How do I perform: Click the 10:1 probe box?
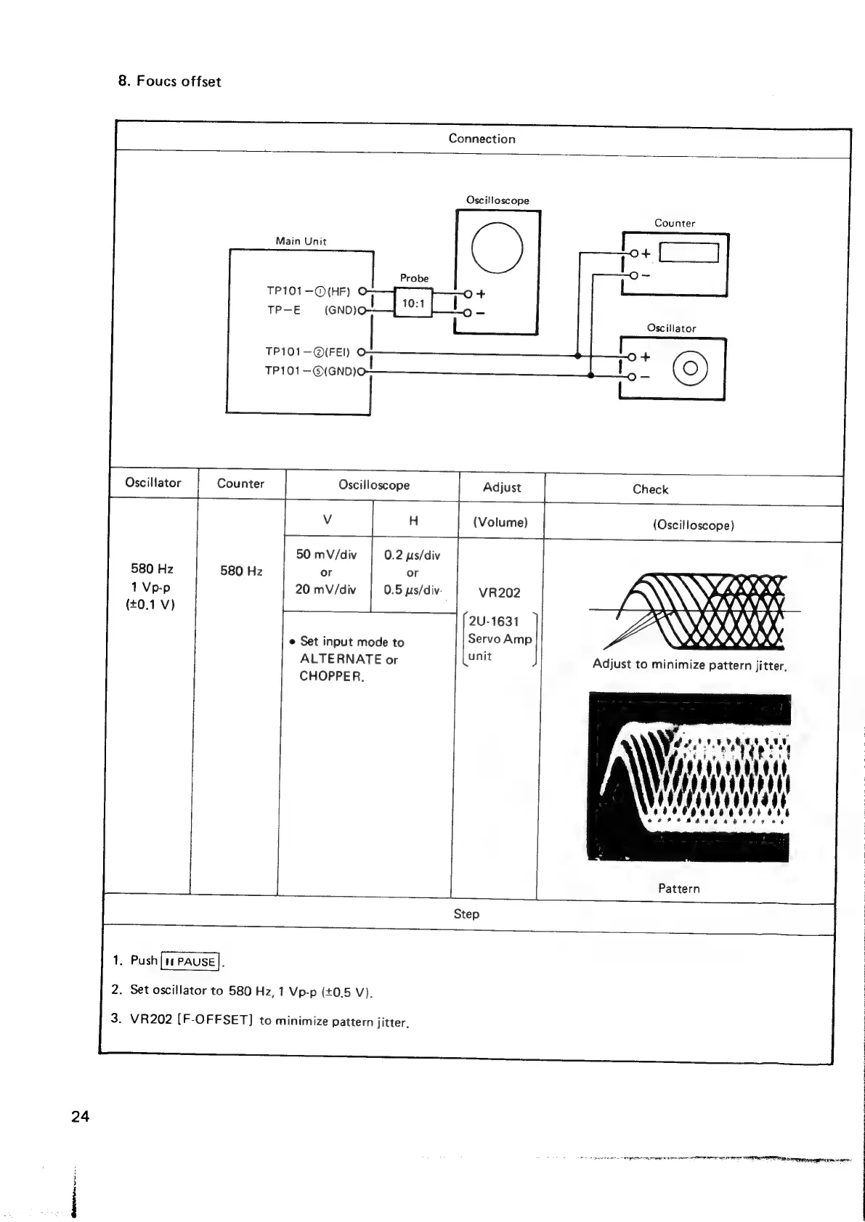click(413, 302)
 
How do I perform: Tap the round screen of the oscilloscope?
click(497, 247)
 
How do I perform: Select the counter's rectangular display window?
click(689, 253)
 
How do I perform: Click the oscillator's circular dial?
click(690, 368)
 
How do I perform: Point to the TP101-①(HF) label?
click(308, 291)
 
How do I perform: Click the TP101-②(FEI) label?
click(307, 352)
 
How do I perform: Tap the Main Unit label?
click(301, 241)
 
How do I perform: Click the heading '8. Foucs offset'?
click(169, 81)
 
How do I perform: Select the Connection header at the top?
click(482, 139)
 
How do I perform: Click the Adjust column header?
click(501, 487)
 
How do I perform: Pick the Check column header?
click(650, 489)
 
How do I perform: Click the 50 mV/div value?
click(326, 555)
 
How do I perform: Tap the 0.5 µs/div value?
click(413, 590)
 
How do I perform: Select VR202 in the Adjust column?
click(500, 592)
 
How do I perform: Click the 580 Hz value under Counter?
click(241, 571)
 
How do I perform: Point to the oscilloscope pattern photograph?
click(689, 777)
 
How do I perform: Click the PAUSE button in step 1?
click(190, 961)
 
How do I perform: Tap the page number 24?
click(80, 1117)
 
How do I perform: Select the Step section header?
click(466, 914)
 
